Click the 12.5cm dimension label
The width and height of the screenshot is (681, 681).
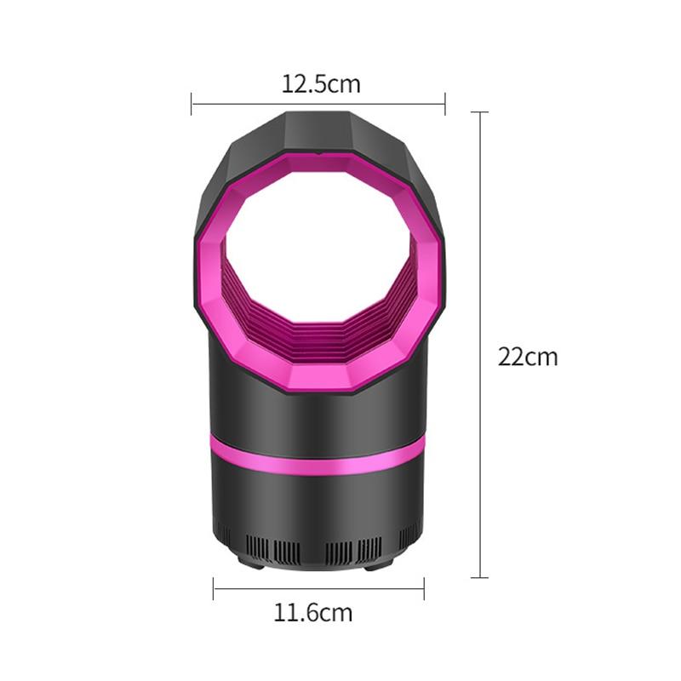[x=321, y=83]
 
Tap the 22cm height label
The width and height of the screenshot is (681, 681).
[x=528, y=357]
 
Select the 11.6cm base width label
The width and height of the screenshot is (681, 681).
[x=312, y=612]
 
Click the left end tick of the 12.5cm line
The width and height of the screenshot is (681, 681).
[x=192, y=104]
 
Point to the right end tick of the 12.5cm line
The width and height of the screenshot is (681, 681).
[x=445, y=104]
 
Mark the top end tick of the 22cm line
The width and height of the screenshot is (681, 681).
[x=479, y=112]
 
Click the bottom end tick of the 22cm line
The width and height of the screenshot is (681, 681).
[x=479, y=578]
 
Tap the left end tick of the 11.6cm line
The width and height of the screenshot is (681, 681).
[x=214, y=589]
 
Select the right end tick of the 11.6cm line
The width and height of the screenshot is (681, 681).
[x=424, y=589]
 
